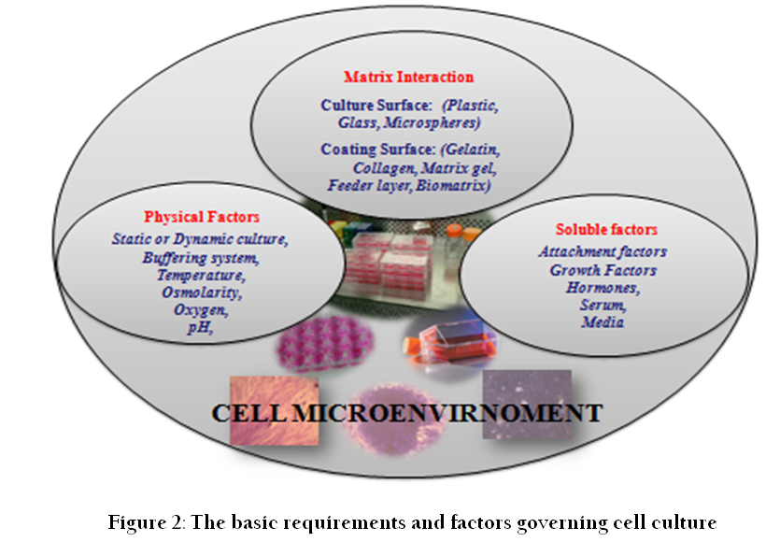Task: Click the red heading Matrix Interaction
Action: pos(408,77)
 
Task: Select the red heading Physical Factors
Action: pos(202,217)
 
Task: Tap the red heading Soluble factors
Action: pos(606,229)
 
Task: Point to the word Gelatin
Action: pos(473,150)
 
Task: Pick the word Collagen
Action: pos(385,168)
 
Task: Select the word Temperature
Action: pos(201,276)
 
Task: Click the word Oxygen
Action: pos(201,309)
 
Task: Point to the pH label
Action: pos(200,327)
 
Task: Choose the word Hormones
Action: pos(603,288)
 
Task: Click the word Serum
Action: pos(603,305)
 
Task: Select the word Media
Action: pos(603,322)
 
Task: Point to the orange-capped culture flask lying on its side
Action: pos(450,342)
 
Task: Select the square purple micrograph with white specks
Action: pos(527,404)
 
